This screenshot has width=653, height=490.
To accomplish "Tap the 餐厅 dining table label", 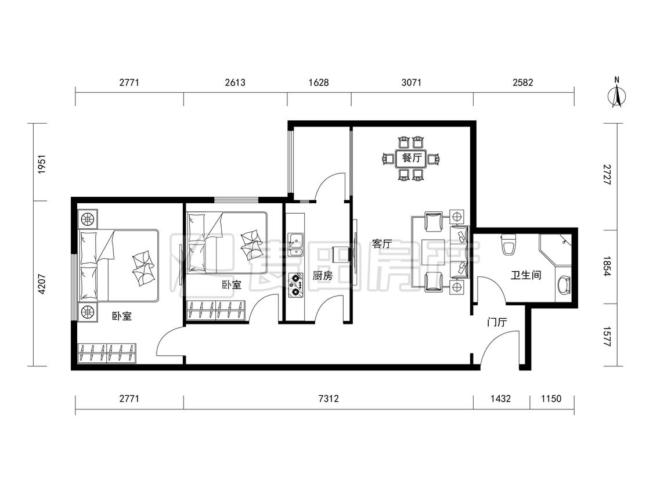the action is [x=412, y=158].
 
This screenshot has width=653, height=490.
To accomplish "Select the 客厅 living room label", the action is [x=382, y=244].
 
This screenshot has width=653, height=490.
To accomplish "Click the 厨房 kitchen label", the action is [x=322, y=275].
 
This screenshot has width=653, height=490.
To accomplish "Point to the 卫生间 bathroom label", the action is [x=526, y=275].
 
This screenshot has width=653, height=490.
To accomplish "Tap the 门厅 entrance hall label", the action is [x=497, y=322].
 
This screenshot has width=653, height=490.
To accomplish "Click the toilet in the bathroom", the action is [x=509, y=244].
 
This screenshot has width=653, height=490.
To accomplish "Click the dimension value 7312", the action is [x=328, y=399].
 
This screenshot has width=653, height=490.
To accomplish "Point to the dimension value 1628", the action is [x=319, y=82].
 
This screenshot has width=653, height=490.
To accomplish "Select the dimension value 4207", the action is [x=41, y=284].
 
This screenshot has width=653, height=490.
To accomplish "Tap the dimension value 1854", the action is [x=607, y=266].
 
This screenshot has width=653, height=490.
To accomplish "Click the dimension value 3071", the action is [x=412, y=82].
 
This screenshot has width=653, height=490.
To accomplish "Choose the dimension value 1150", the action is [x=551, y=399].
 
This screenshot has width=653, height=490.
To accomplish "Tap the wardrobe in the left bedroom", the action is [x=107, y=354].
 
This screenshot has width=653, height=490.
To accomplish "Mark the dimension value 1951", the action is [x=41, y=164].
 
